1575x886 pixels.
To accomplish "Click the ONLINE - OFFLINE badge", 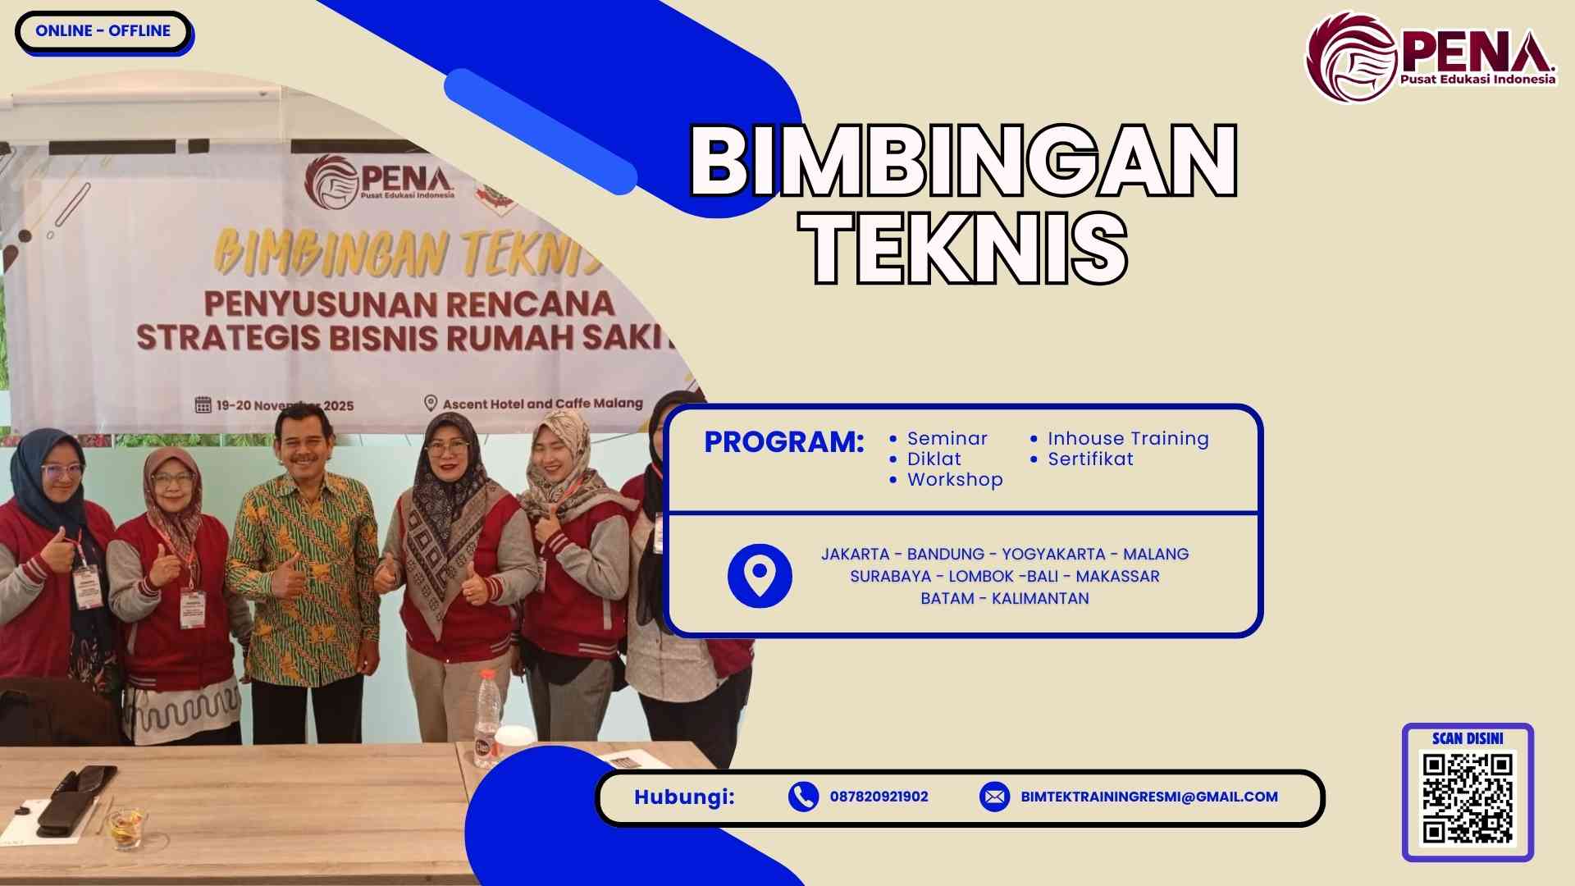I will pyautogui.click(x=103, y=31).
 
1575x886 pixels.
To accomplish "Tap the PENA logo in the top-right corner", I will pyautogui.click(x=1431, y=57).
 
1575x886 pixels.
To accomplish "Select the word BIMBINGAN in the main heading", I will pyautogui.click(x=963, y=161).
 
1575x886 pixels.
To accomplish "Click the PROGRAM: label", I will pyautogui.click(x=783, y=442).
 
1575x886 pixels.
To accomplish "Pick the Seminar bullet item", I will pyautogui.click(x=947, y=439).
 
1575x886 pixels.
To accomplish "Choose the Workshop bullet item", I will pyautogui.click(x=954, y=480).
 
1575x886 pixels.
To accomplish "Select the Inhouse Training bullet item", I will pyautogui.click(x=1127, y=439).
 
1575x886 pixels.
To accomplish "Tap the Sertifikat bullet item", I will pyautogui.click(x=1090, y=459).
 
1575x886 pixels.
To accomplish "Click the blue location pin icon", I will pyautogui.click(x=760, y=576).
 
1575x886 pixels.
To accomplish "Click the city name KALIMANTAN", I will pyautogui.click(x=1040, y=599).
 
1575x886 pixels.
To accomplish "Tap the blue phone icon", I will pyautogui.click(x=803, y=797).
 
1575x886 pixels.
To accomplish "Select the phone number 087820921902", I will pyautogui.click(x=879, y=797).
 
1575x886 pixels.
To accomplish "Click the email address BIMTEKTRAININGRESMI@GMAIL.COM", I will pyautogui.click(x=1148, y=797).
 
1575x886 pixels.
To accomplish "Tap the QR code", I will pyautogui.click(x=1468, y=798).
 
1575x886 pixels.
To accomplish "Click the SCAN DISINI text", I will pyautogui.click(x=1468, y=738).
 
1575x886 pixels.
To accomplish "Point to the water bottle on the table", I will pyautogui.click(x=488, y=714).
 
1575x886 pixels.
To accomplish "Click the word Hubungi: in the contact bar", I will pyautogui.click(x=684, y=797).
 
